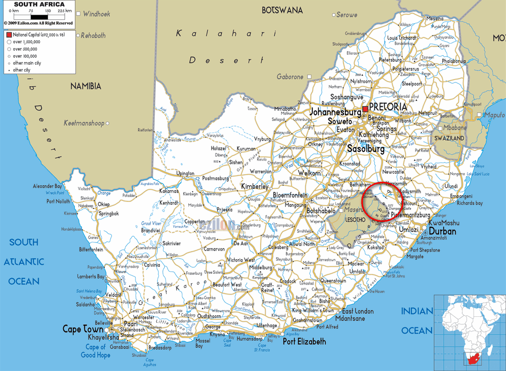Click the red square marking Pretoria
click(365, 108)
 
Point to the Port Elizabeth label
click(304, 342)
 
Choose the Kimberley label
click(255, 186)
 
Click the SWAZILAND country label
click(449, 138)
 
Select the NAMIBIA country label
click(86, 86)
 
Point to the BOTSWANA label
click(282, 10)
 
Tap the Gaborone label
click(290, 77)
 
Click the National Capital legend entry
click(35, 34)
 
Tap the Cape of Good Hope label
click(96, 351)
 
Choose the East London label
click(358, 311)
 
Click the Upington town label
click(185, 174)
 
